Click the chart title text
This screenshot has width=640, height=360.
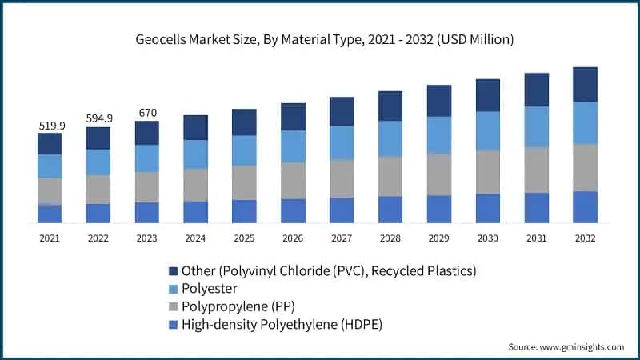pos(319,38)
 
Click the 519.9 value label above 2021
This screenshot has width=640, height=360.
pos(50,126)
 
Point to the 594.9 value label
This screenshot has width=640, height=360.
pos(99,118)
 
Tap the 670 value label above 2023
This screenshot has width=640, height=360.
pos(147,113)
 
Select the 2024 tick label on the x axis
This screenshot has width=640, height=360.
pos(195,238)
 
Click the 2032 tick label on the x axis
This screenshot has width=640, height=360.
pos(586,238)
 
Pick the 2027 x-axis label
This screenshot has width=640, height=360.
pos(342,238)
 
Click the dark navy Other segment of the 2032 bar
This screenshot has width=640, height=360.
pos(586,84)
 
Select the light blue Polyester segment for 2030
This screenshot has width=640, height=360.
pos(488,130)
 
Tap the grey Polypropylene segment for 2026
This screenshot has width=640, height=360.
pos(293,181)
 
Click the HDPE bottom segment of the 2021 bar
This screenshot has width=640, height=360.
pos(50,214)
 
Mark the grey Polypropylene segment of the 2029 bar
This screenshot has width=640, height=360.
pos(439,174)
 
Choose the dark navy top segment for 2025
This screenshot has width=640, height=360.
pos(244,122)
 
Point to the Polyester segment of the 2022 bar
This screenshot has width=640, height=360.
pos(98,162)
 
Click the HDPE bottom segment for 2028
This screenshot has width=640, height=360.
pos(390,210)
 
